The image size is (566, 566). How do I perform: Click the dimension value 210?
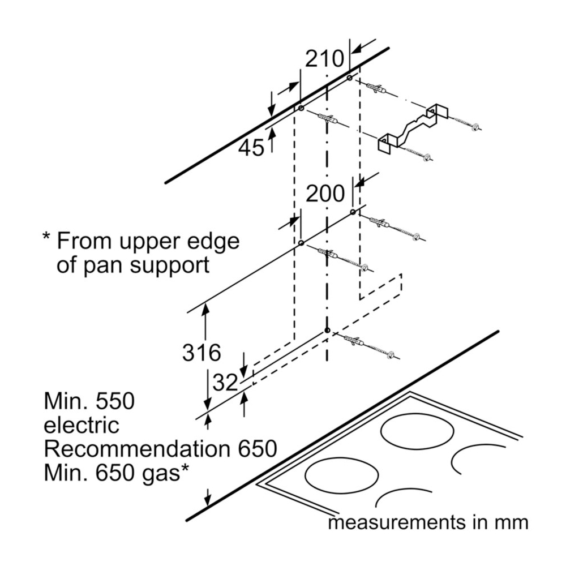tap(325, 58)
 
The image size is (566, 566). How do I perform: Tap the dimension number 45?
tap(251, 148)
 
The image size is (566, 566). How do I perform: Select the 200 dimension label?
tap(325, 194)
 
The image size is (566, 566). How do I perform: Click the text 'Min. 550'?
tap(89, 402)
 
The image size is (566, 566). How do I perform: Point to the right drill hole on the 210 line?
tap(350, 77)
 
